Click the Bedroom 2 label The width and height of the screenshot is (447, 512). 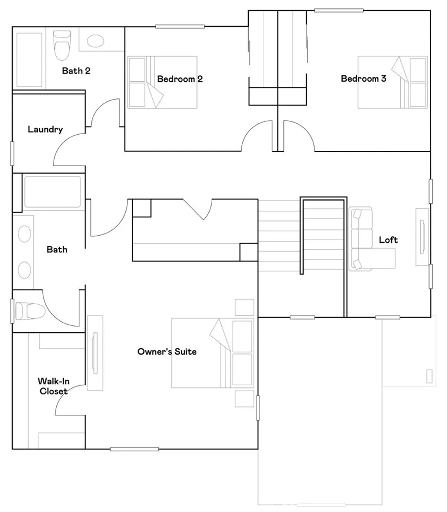click(180, 79)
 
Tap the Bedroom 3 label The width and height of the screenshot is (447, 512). click(364, 79)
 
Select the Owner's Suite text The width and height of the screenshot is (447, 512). click(167, 352)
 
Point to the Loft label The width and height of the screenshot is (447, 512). click(388, 240)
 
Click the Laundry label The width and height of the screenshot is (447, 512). click(45, 129)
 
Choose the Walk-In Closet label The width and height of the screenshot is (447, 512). click(54, 386)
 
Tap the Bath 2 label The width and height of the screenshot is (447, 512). click(76, 70)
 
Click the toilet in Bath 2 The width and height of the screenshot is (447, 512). click(62, 44)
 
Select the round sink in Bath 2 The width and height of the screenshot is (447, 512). click(95, 41)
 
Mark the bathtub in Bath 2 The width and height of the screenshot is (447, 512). click(29, 59)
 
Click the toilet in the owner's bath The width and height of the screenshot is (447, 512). click(30, 311)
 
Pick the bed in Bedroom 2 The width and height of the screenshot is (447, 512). click(162, 82)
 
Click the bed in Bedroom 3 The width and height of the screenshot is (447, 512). click(392, 82)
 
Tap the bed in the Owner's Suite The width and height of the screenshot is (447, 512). click(213, 353)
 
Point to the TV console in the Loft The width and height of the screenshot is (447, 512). click(422, 237)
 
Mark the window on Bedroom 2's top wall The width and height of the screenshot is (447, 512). click(180, 27)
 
